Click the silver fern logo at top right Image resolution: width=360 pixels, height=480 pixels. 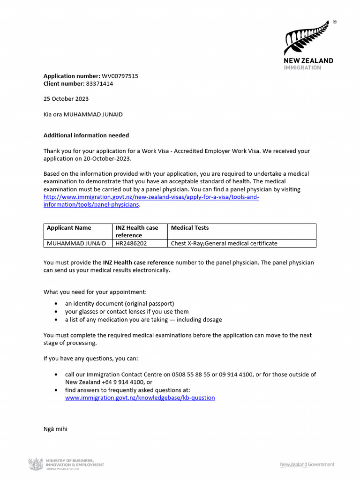pyautogui.click(x=305, y=37)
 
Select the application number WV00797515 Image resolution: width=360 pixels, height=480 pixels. pyautogui.click(x=120, y=76)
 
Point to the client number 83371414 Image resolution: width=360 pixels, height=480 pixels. pyautogui.click(x=99, y=84)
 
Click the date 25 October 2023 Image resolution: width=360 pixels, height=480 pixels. pyautogui.click(x=66, y=99)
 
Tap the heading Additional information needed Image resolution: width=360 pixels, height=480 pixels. pyautogui.click(x=86, y=135)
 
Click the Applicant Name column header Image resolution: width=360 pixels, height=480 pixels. pyautogui.click(x=69, y=228)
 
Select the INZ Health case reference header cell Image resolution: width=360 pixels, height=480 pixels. pyautogui.click(x=137, y=232)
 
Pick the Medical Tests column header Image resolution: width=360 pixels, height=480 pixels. pyautogui.click(x=190, y=228)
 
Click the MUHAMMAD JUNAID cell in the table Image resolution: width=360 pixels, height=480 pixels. pyautogui.click(x=76, y=243)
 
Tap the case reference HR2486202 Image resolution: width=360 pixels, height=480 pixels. pyautogui.click(x=131, y=243)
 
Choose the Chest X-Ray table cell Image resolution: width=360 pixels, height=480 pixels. pyautogui.click(x=224, y=243)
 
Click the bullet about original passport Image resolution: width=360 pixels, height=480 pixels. pyautogui.click(x=120, y=304)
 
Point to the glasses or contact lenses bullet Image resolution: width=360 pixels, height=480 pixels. pyautogui.click(x=127, y=312)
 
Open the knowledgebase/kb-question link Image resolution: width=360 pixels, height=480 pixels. pyautogui.click(x=140, y=398)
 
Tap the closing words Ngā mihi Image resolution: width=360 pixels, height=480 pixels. pyautogui.click(x=55, y=428)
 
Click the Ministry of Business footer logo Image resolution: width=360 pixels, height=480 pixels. pyautogui.click(x=67, y=464)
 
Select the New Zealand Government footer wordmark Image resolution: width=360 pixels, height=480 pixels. pyautogui.click(x=307, y=465)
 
